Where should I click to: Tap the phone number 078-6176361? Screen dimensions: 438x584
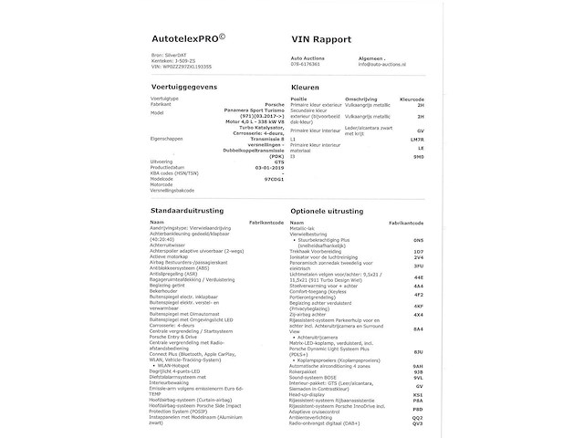point(306,64)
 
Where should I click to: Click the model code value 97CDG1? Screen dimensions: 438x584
point(247,180)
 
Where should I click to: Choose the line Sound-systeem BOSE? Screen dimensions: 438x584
point(320,377)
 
